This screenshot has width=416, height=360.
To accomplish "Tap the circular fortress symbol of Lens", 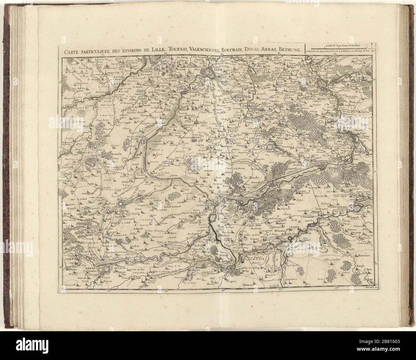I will tap(122, 203).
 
